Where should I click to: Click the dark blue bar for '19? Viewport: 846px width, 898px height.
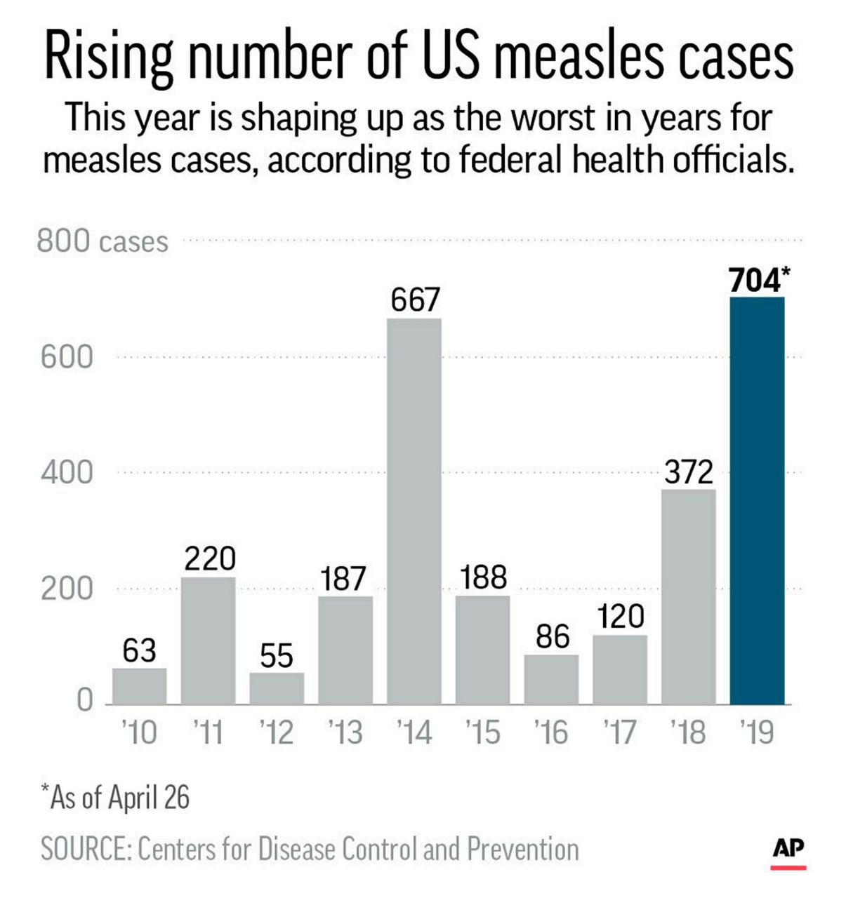[757, 500]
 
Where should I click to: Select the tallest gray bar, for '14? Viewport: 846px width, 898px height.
[414, 511]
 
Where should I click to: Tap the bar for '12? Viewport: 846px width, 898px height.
[277, 688]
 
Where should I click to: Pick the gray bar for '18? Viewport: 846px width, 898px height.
[689, 596]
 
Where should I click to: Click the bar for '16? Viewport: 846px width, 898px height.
[551, 679]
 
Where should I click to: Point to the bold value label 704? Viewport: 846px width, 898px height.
[755, 281]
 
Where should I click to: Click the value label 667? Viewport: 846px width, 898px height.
[415, 300]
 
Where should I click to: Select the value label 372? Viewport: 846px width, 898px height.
[689, 472]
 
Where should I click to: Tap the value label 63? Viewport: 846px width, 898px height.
[139, 651]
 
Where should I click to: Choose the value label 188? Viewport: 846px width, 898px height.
[484, 577]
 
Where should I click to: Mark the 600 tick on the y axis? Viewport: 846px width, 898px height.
[67, 357]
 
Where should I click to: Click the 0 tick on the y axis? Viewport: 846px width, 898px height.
[84, 700]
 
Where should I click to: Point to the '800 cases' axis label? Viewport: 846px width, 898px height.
[103, 241]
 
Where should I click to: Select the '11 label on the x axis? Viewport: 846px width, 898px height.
[208, 733]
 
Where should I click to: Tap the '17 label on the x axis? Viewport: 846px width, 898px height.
[620, 733]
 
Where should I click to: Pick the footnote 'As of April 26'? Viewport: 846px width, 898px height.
[116, 798]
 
